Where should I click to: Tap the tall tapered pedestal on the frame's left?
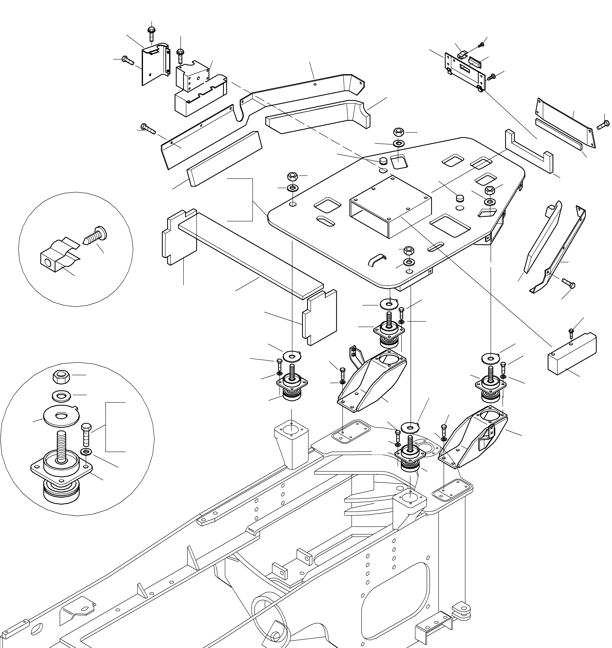(x=291, y=445)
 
